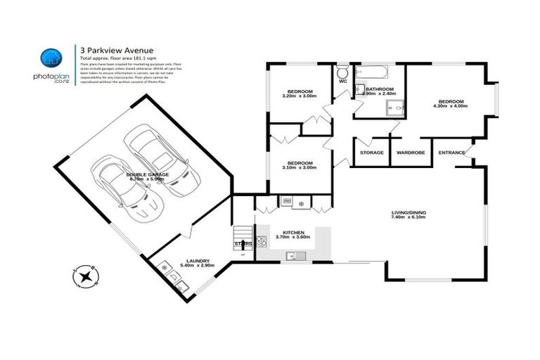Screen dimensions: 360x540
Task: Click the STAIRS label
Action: pos(243,243)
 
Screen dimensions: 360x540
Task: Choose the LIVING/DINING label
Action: pos(409,212)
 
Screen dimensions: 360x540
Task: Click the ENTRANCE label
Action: pos(451,153)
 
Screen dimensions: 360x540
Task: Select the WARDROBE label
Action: pos(409,153)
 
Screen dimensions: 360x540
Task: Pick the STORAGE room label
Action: pos(371,153)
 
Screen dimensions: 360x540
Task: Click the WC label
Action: pos(343,82)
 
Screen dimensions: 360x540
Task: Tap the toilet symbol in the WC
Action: pos(342,72)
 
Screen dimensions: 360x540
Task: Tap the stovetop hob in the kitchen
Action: pos(262,243)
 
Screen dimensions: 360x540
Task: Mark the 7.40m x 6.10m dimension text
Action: pos(409,219)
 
